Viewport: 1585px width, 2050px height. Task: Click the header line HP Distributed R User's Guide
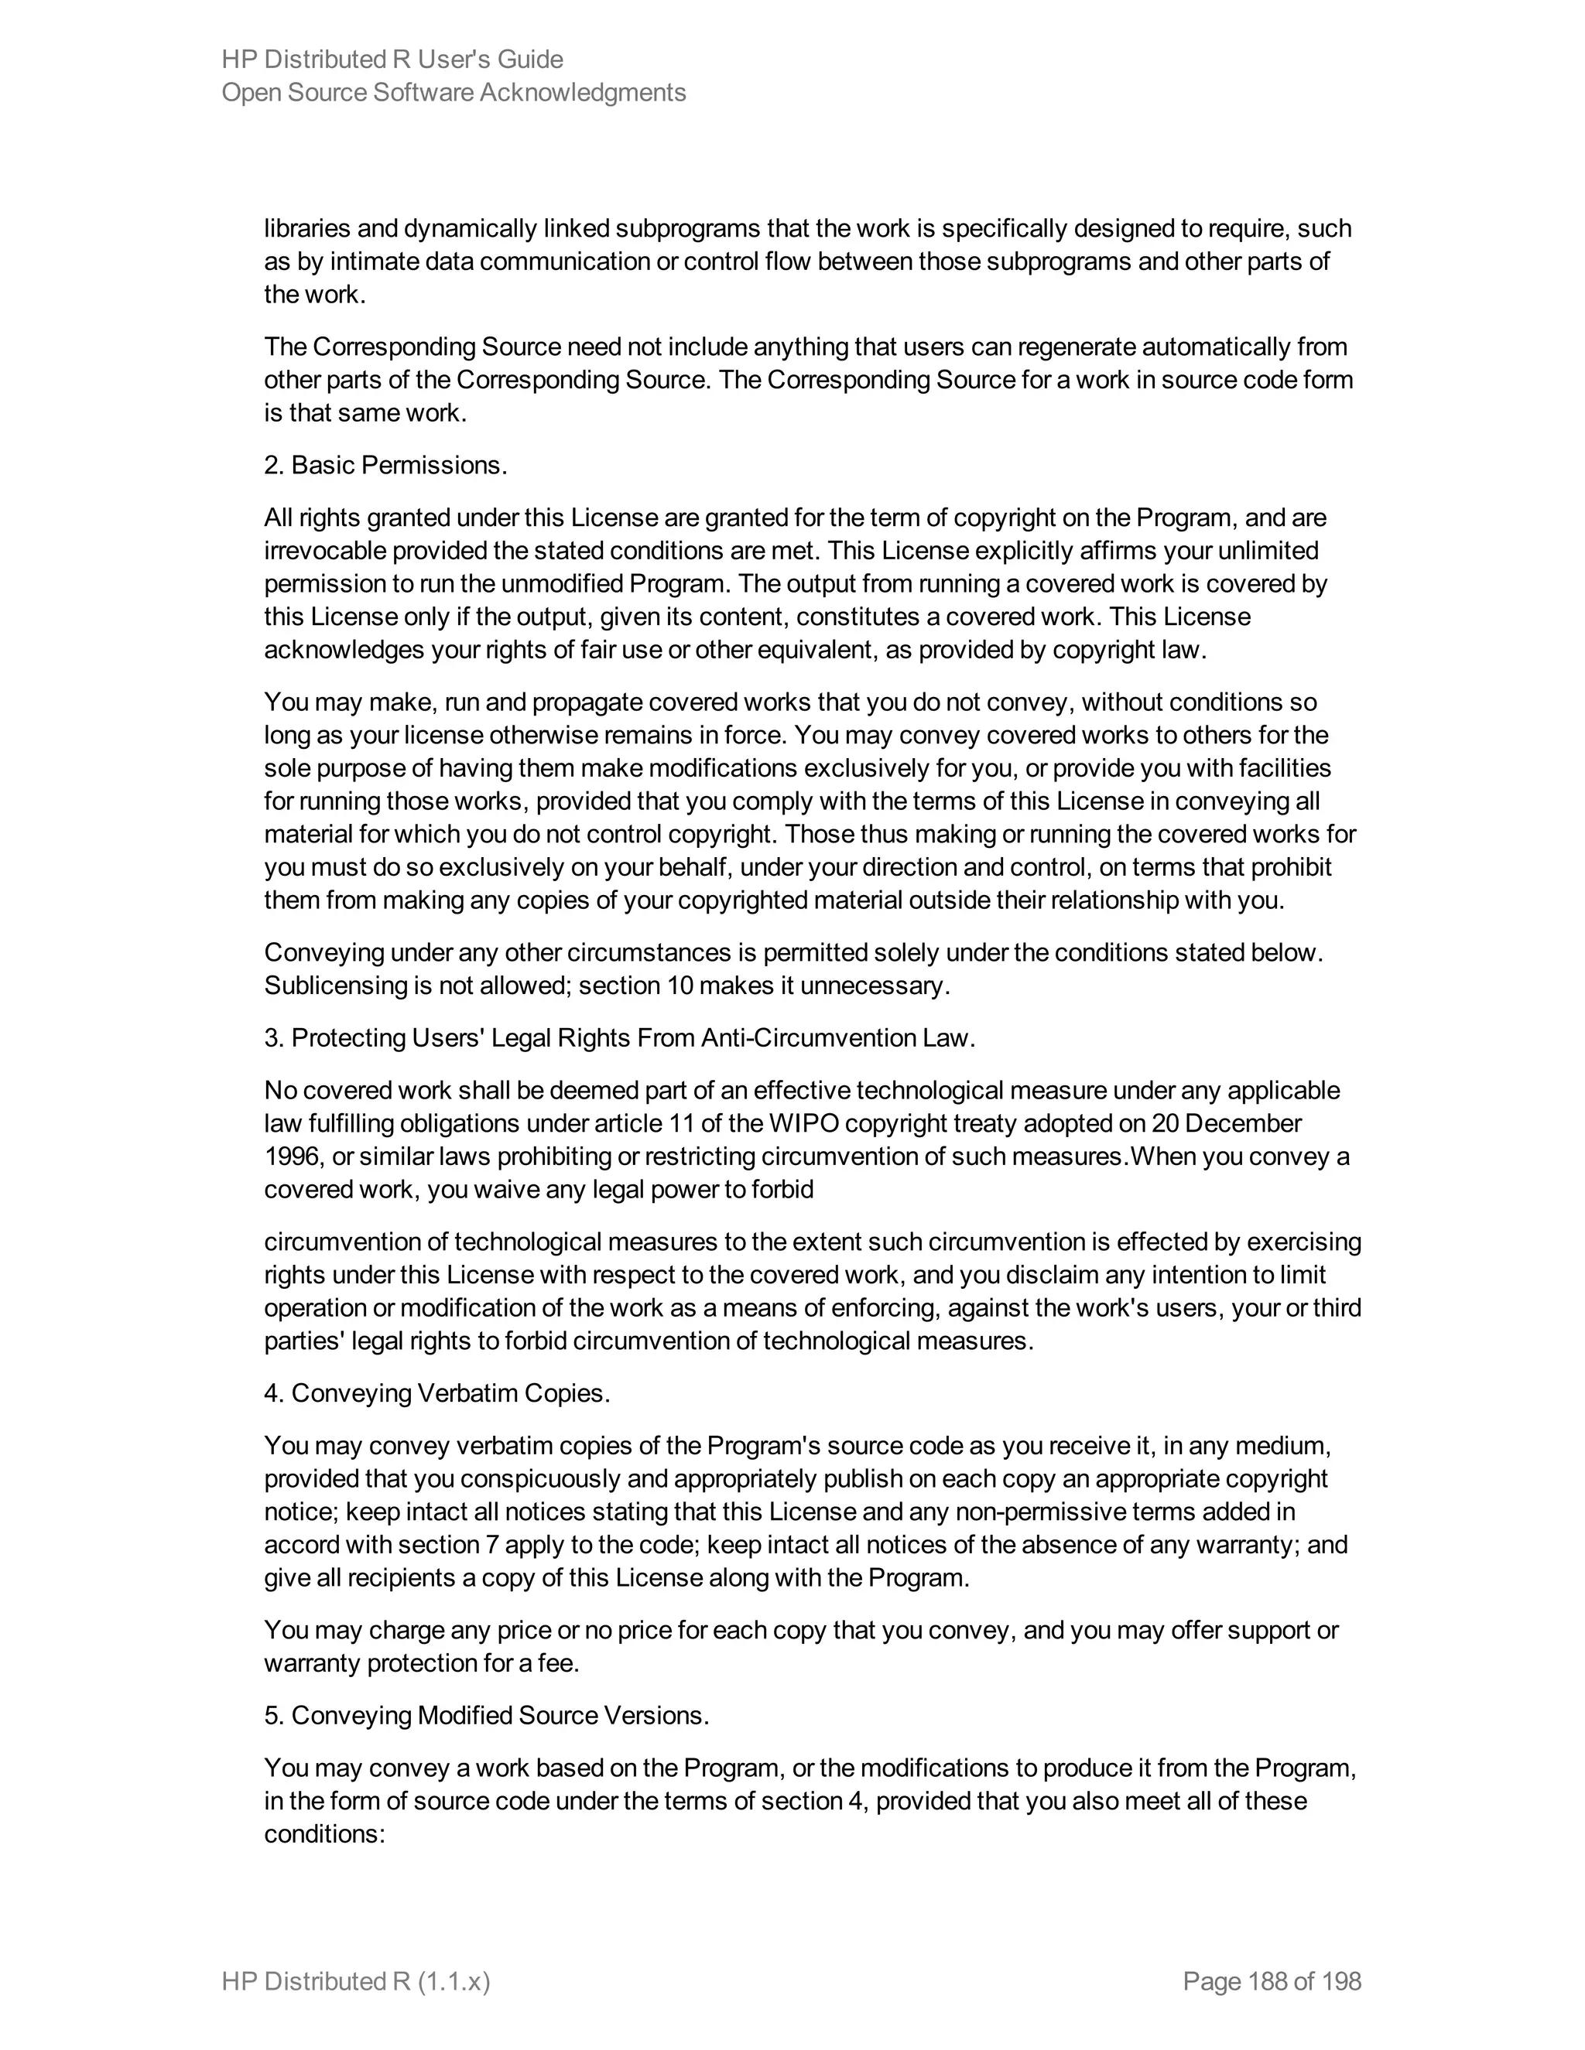(x=392, y=59)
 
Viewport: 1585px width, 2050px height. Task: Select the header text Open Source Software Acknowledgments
(x=454, y=92)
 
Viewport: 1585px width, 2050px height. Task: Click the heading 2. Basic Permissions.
(x=385, y=466)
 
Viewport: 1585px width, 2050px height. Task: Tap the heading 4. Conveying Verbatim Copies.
(x=436, y=1393)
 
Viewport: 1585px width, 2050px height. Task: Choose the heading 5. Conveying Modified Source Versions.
(x=486, y=1716)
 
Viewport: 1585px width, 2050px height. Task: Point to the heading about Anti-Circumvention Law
(x=620, y=1038)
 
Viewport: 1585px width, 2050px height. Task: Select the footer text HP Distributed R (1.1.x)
(x=356, y=1981)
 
